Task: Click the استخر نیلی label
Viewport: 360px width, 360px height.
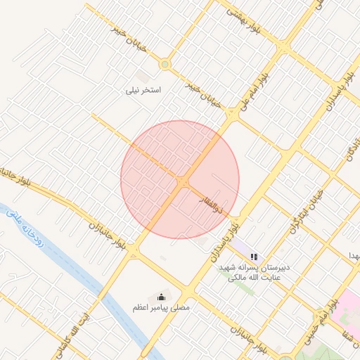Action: (143, 90)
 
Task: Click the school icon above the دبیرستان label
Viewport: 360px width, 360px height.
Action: (254, 257)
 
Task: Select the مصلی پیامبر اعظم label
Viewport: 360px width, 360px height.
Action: (161, 307)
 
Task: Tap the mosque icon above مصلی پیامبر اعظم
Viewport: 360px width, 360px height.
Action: (162, 296)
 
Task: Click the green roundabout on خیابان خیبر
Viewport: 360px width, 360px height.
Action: (165, 65)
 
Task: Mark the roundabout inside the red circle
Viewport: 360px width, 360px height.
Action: (183, 183)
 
